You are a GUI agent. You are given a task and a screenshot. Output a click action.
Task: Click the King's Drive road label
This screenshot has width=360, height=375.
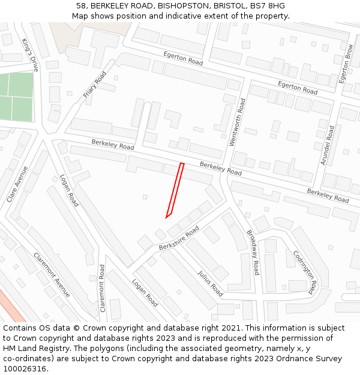(x=30, y=55)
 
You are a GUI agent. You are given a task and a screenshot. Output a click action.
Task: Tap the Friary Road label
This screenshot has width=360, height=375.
(x=94, y=85)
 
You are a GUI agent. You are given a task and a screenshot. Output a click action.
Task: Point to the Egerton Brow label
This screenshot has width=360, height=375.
(x=346, y=64)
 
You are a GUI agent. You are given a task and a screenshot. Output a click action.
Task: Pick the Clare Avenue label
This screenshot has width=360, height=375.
(x=17, y=184)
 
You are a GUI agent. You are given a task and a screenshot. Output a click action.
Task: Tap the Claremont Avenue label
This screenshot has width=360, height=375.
(x=52, y=274)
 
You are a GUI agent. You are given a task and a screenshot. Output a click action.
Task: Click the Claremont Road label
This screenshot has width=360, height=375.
(x=103, y=288)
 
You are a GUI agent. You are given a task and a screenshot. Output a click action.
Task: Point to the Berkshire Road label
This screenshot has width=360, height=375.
(x=179, y=239)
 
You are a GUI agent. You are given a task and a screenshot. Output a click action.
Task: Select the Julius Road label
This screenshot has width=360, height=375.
(x=210, y=283)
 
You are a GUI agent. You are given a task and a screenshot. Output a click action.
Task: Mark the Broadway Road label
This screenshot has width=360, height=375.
(x=253, y=252)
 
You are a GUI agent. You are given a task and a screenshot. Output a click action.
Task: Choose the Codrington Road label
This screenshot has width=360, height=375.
(x=304, y=272)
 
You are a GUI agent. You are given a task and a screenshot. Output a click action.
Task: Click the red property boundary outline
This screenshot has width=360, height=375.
(x=175, y=190)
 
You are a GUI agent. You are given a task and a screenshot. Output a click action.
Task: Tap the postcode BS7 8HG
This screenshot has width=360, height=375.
(x=268, y=6)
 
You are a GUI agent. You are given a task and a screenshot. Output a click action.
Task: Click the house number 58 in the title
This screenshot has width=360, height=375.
(x=82, y=6)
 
